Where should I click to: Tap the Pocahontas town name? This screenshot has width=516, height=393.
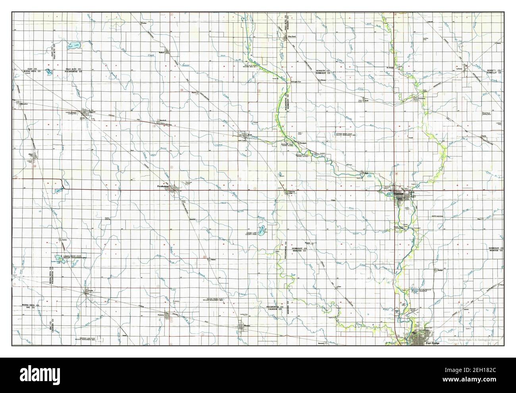coord(163,186)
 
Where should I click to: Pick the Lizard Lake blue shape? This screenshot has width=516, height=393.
coord(263,229)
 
